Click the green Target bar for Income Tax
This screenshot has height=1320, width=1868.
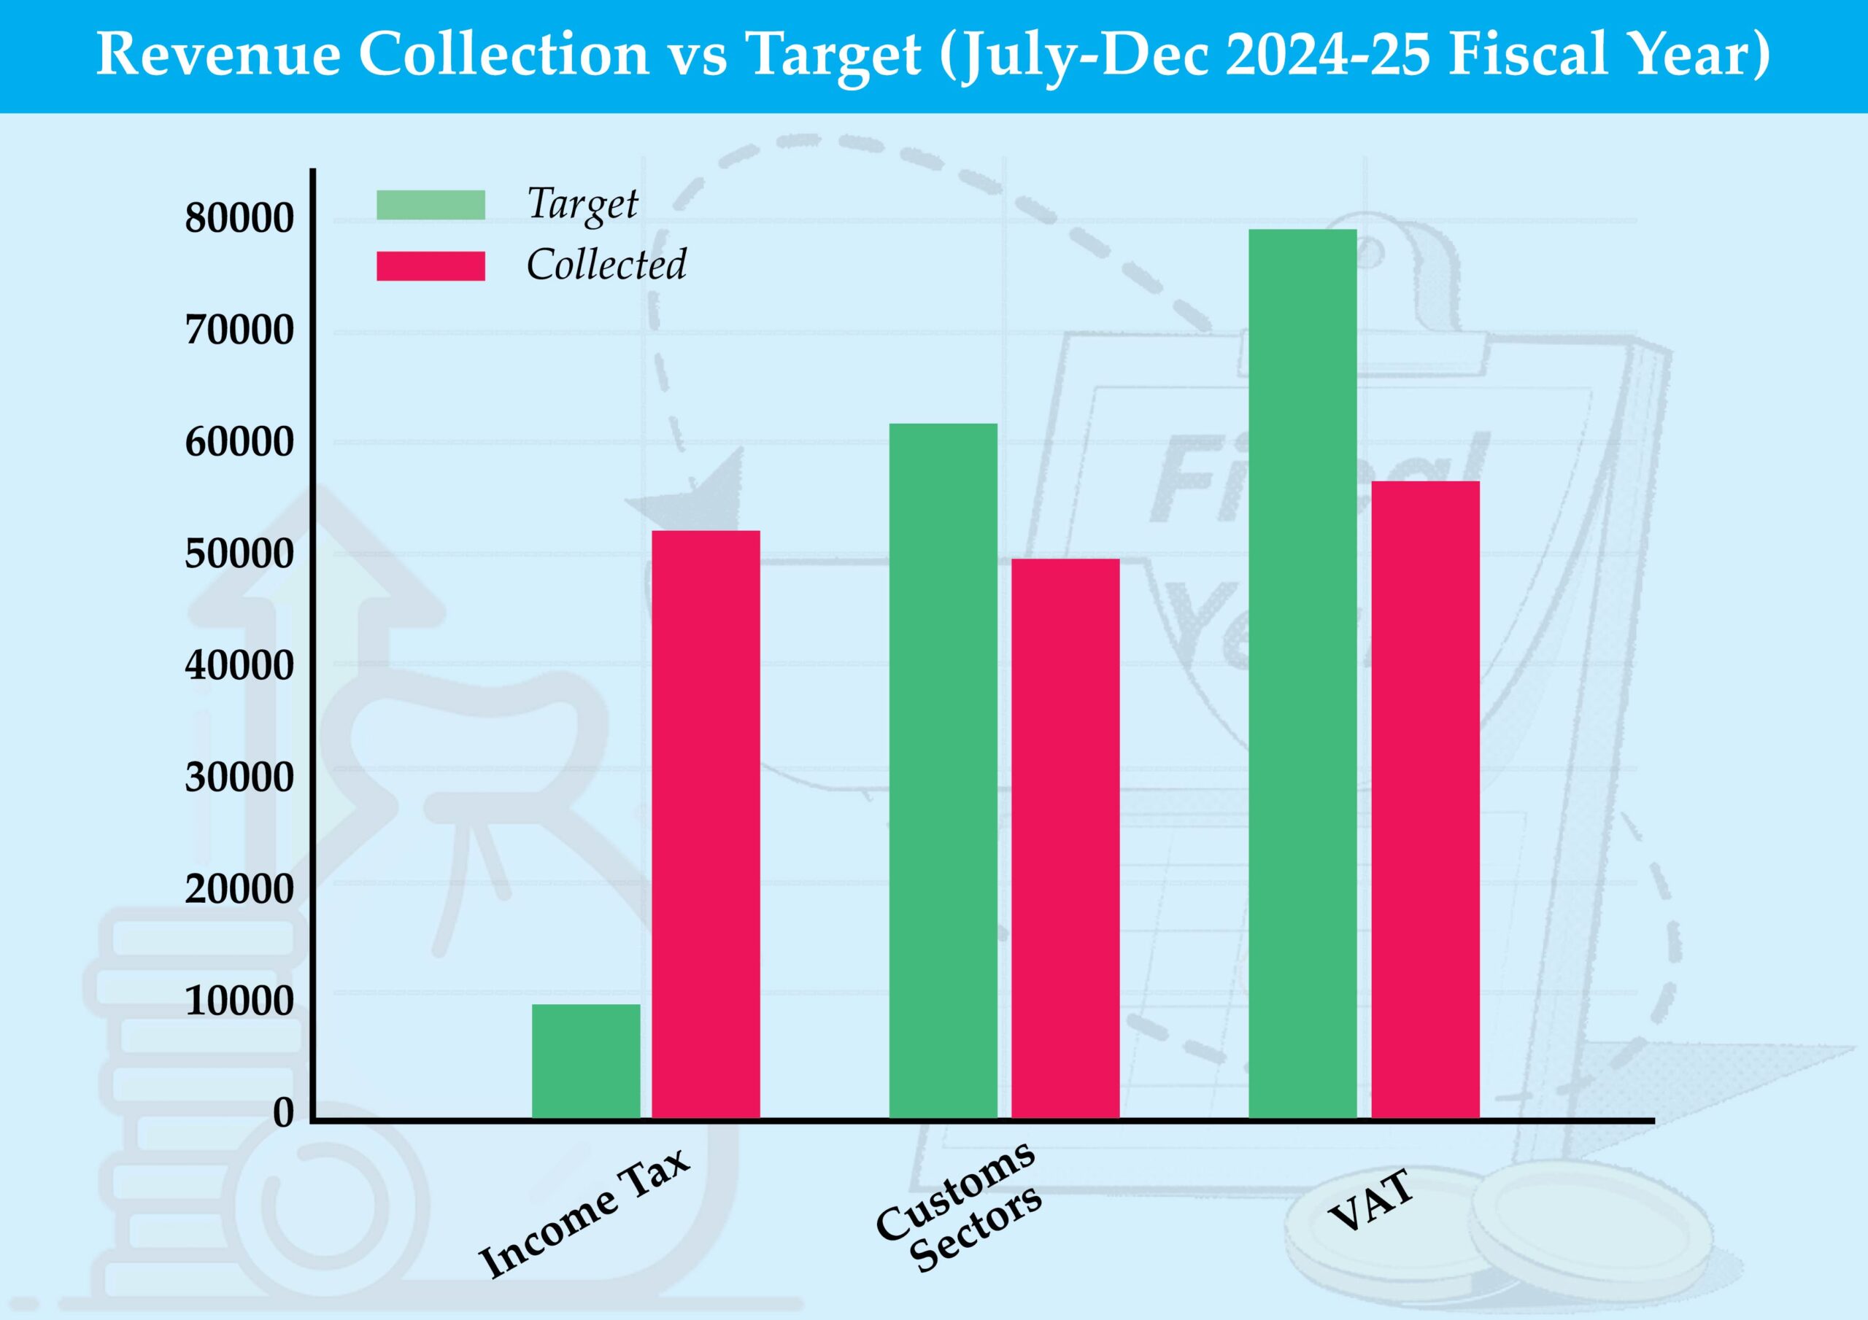pos(586,1060)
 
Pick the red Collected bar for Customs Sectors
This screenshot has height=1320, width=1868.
pos(1065,838)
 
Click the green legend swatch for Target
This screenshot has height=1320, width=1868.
pos(431,205)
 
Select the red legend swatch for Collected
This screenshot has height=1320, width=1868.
pos(431,266)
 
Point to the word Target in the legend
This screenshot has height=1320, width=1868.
pos(582,203)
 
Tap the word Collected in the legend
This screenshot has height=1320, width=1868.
pos(606,264)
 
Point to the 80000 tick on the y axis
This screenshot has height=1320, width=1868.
pos(239,218)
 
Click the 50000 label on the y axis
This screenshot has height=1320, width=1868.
pos(239,554)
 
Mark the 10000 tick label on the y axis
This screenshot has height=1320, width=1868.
pos(239,1001)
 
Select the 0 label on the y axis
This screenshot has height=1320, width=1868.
pos(283,1112)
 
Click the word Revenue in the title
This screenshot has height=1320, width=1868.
pos(218,55)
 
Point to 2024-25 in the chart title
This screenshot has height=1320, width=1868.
pos(1327,55)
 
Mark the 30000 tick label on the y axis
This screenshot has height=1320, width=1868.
pos(239,777)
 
